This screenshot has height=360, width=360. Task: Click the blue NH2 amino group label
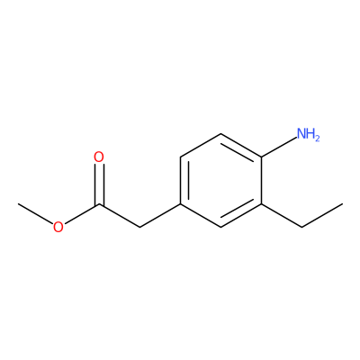point(308,134)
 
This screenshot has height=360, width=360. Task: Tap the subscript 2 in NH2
point(317,138)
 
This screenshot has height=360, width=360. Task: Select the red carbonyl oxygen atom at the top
point(99,157)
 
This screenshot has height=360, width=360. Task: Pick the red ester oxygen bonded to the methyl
point(58,227)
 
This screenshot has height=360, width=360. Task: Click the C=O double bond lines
point(99,184)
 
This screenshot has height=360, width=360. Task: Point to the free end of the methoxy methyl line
point(18,204)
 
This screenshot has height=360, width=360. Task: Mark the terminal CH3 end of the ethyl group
point(342,204)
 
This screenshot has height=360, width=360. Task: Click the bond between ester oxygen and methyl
point(35,214)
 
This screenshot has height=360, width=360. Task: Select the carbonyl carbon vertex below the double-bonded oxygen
point(99,204)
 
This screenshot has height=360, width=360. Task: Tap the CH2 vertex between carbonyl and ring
point(139,227)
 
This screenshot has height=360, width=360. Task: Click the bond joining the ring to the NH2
point(279,147)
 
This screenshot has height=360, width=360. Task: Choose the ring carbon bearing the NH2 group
point(262,157)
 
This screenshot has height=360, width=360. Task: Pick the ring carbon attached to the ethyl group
point(262,204)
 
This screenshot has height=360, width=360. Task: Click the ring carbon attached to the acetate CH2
point(180,204)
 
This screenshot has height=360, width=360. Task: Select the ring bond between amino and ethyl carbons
point(262,180)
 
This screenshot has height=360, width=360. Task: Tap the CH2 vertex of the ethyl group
point(301,227)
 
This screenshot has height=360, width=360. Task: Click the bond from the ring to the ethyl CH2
point(282,215)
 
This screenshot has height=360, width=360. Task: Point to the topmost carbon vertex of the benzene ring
point(220,134)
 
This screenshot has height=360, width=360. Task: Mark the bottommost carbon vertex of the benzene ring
point(220,227)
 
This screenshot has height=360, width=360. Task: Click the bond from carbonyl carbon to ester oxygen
point(82,214)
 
